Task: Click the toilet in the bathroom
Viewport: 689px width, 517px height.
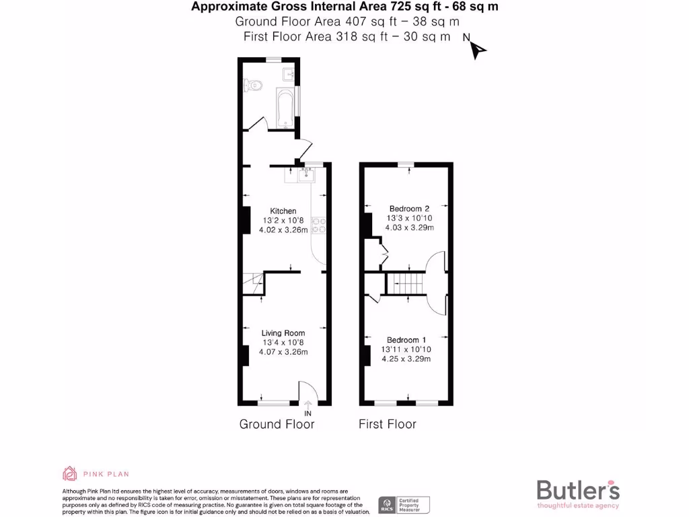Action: click(252, 84)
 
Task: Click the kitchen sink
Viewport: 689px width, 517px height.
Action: click(307, 175)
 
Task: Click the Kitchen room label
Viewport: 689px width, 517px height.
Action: click(283, 211)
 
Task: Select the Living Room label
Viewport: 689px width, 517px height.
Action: click(283, 333)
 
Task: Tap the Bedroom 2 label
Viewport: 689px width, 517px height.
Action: click(408, 209)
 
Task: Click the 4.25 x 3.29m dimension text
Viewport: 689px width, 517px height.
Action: click(406, 359)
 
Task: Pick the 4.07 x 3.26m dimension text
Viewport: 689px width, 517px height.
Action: click(283, 351)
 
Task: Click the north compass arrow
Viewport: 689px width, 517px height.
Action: click(477, 50)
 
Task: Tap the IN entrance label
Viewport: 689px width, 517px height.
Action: click(308, 413)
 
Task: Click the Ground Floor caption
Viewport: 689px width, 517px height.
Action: click(277, 424)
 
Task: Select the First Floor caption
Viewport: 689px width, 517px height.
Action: click(387, 424)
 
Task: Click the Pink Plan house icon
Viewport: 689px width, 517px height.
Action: click(70, 473)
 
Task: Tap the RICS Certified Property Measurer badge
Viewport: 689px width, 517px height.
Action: click(404, 504)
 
